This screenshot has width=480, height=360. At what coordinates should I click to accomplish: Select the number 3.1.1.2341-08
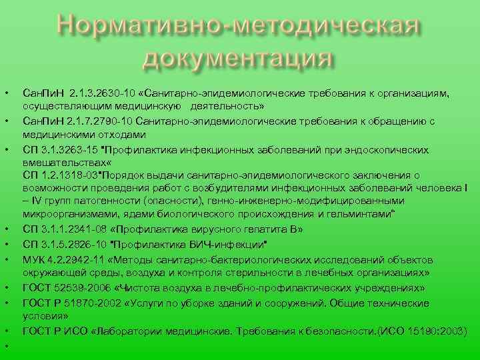(x=73, y=229)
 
